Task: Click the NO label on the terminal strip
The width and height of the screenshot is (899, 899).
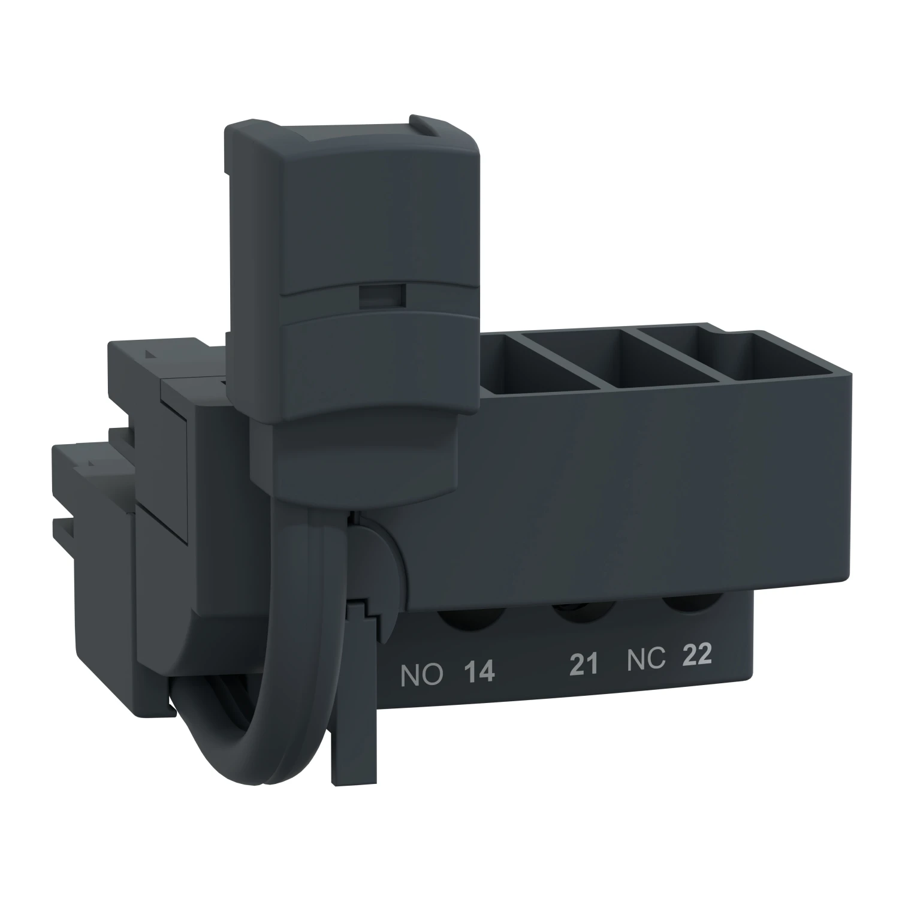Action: coord(421,675)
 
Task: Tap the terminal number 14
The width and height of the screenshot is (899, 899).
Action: coord(479,672)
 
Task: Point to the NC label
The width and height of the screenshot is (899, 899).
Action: coord(646,659)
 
